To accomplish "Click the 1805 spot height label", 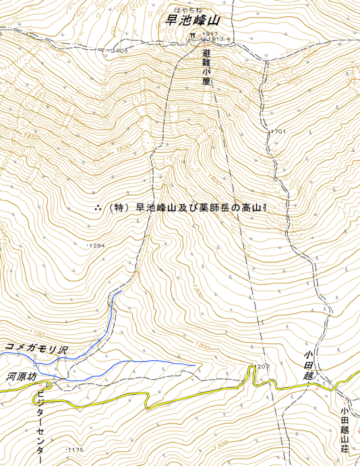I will point(120,51).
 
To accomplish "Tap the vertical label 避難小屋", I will point(206,66).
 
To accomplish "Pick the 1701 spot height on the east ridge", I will point(278,132).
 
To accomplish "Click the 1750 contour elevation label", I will point(28,137).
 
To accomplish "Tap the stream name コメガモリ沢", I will point(36,349).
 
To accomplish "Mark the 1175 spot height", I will point(74,449).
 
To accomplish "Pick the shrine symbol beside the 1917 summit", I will point(193,34).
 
